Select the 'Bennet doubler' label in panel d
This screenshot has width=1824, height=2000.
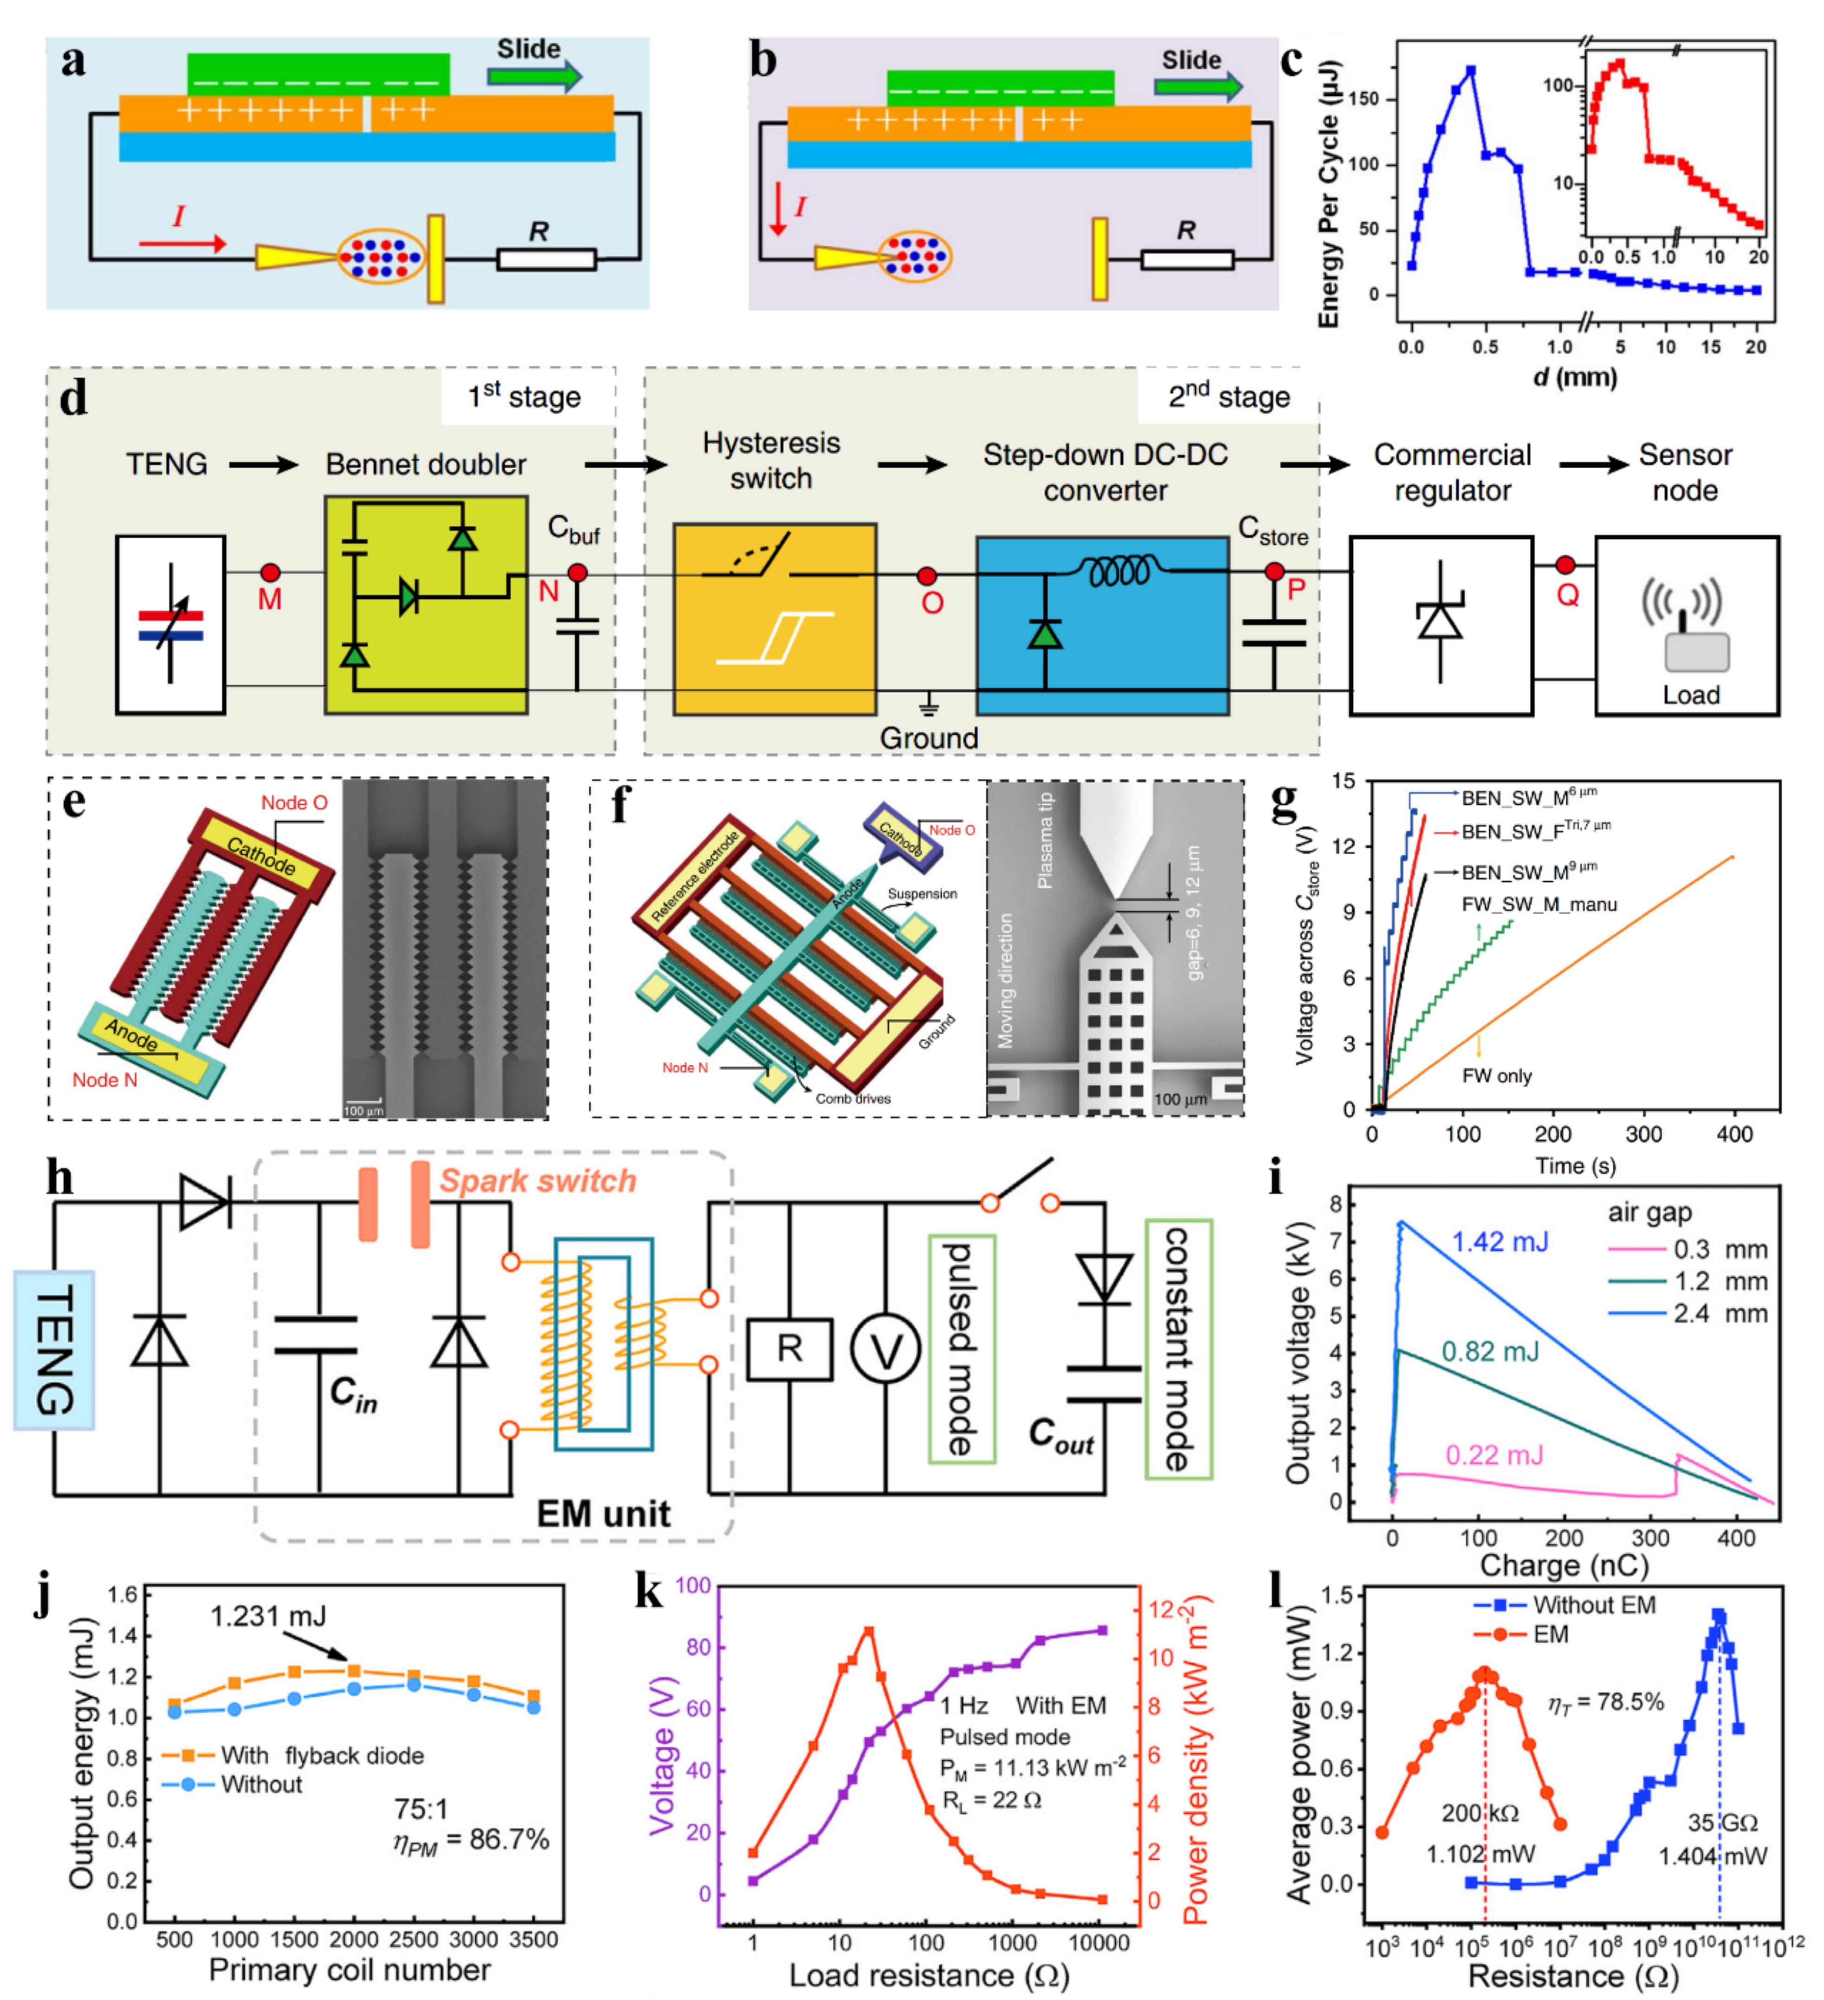pyautogui.click(x=426, y=464)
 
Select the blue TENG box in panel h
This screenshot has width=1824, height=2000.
pyautogui.click(x=54, y=1349)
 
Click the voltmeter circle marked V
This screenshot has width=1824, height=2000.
pyautogui.click(x=885, y=1349)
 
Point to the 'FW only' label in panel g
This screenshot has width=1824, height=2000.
pyautogui.click(x=1496, y=1076)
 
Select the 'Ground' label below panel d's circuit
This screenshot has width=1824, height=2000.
pyautogui.click(x=929, y=738)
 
